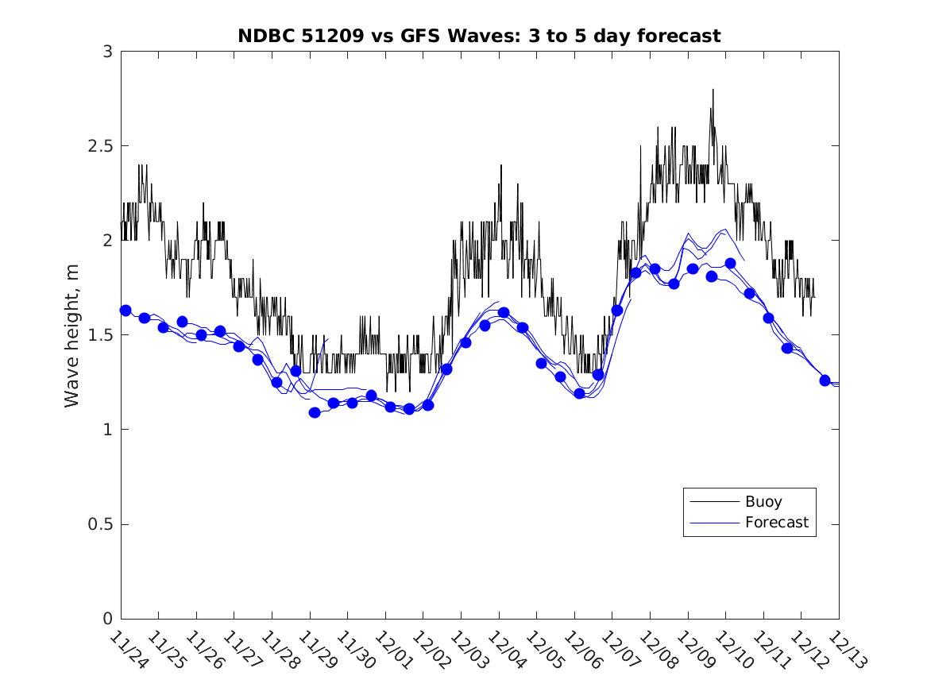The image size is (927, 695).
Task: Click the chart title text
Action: click(479, 36)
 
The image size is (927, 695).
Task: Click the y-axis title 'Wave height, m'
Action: click(72, 335)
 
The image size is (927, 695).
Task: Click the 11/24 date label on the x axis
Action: click(129, 650)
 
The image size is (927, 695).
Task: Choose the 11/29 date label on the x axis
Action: click(318, 650)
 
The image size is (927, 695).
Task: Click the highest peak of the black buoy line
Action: click(713, 90)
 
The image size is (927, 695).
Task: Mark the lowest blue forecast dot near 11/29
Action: click(315, 412)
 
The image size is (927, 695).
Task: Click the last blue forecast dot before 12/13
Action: click(825, 380)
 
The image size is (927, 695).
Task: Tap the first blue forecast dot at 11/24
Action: click(126, 311)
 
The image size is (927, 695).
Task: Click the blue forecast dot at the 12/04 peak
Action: click(504, 313)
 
